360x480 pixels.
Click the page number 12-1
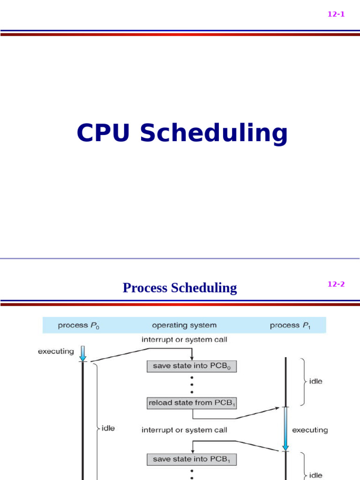[336, 14]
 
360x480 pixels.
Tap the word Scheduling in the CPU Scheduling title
[213, 134]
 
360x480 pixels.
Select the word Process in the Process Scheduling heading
[145, 287]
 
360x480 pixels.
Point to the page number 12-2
[336, 284]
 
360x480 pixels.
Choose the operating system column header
[184, 325]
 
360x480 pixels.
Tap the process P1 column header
[290, 325]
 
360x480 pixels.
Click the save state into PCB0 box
[192, 366]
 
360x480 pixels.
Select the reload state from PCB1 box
[192, 402]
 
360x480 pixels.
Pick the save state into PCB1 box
[192, 459]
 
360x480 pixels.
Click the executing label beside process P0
[56, 351]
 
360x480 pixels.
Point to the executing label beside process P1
[310, 429]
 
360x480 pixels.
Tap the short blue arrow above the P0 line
[83, 353]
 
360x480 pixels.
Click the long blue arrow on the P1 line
[285, 429]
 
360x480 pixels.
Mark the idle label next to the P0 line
[108, 428]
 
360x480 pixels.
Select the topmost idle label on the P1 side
[315, 381]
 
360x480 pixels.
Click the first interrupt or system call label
[184, 339]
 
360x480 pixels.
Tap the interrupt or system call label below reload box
[184, 429]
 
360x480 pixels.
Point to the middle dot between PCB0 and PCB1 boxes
[192, 384]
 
